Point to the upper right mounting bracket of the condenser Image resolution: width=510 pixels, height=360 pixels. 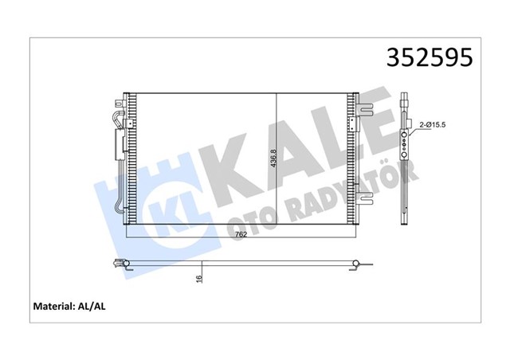(363, 107)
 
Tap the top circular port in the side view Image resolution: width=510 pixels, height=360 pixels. (406, 135)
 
